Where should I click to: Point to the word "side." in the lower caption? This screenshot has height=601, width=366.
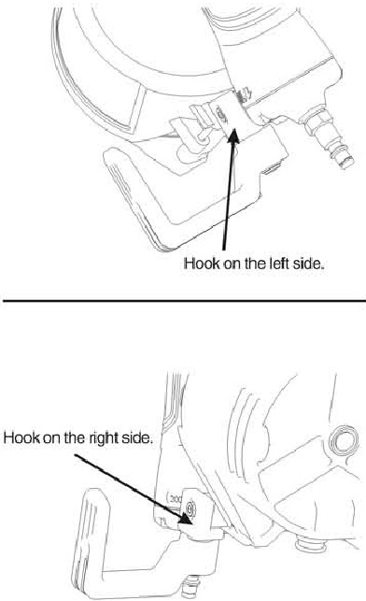[137, 437]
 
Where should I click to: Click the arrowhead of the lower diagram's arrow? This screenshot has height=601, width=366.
[186, 518]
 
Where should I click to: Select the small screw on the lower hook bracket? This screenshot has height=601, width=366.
[190, 508]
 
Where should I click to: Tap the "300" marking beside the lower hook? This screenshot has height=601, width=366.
[175, 499]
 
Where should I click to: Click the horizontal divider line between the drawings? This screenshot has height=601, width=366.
[185, 301]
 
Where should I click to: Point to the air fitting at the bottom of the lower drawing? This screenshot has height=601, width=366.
[190, 587]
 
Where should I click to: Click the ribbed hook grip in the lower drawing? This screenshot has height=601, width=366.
[89, 540]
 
